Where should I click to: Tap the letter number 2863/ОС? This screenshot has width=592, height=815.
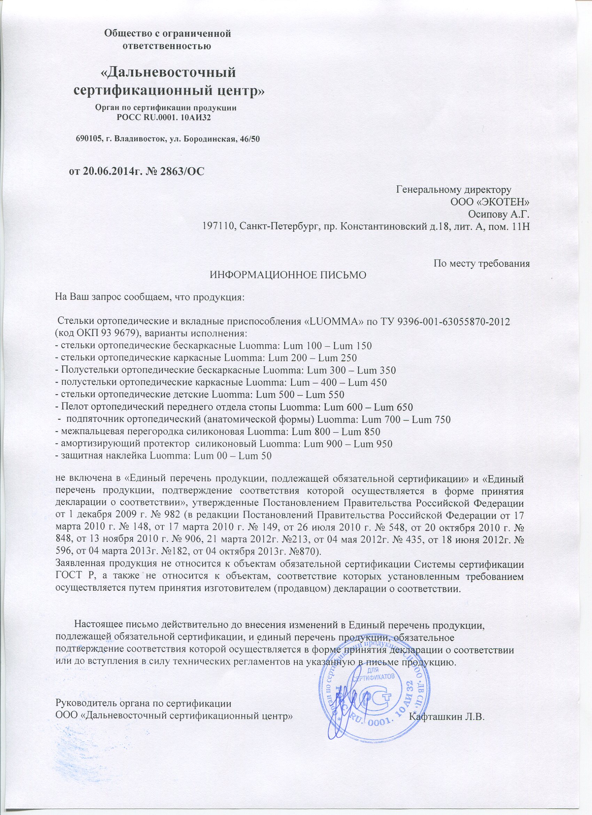(x=184, y=170)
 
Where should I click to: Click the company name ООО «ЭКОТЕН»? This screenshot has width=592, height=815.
(x=490, y=202)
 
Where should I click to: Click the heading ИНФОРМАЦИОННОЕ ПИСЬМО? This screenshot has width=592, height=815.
(x=288, y=275)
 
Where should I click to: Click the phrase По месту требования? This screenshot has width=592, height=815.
(x=482, y=263)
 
